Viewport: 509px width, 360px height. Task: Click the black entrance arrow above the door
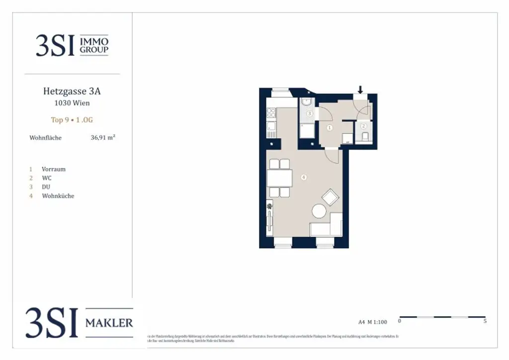pos(360,90)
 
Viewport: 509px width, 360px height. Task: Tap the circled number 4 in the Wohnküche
pos(303,177)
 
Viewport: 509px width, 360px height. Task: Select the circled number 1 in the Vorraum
pos(329,128)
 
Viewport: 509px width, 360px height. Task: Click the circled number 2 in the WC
pos(363,126)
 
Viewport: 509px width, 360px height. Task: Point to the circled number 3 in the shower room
pos(309,114)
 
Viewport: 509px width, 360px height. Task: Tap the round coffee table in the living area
pos(319,211)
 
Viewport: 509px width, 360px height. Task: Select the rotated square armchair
pos(330,197)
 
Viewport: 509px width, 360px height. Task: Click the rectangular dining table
pos(278,178)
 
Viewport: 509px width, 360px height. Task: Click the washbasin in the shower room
pos(306,102)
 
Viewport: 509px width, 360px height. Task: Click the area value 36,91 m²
pos(103,138)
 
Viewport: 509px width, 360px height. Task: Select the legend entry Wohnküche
pos(58,196)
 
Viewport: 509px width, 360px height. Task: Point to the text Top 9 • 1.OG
pos(72,120)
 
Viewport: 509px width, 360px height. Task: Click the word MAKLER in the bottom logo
pos(109,323)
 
